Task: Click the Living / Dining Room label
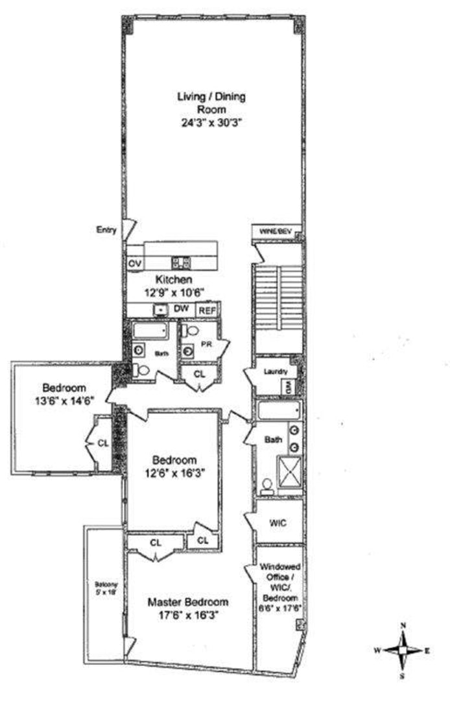(211, 103)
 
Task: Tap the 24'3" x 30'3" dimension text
(211, 121)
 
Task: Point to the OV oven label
(135, 264)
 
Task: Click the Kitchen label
(174, 279)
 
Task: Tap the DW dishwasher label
(180, 310)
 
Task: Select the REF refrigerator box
(206, 311)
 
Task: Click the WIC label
(278, 522)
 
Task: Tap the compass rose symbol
(403, 649)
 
